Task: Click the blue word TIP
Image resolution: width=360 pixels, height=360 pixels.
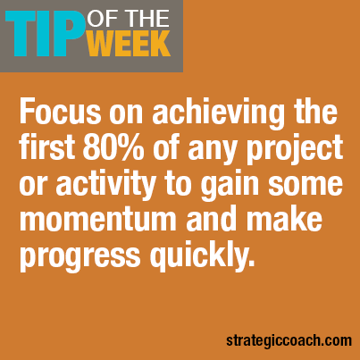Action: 44,34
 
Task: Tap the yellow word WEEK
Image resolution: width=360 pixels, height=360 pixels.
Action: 129,44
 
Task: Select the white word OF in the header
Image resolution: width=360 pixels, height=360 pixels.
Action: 100,19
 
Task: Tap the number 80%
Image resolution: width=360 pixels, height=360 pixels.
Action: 113,147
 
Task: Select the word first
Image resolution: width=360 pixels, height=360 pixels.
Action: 47,147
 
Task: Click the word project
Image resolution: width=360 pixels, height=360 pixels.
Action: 295,150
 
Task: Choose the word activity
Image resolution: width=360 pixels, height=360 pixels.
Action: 105,183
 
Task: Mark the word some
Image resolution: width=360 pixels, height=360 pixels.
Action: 306,184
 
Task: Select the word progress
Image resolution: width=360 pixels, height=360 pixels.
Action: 80,256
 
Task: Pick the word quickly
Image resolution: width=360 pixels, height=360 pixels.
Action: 202,256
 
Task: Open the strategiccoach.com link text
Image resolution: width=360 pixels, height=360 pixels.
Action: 289,340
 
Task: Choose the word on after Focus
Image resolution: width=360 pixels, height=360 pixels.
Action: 126,114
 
